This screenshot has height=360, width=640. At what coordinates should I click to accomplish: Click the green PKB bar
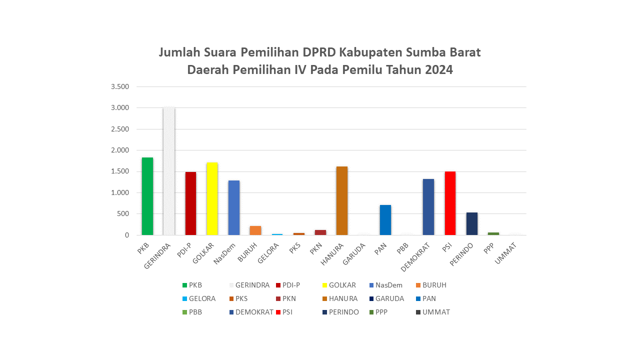tap(147, 196)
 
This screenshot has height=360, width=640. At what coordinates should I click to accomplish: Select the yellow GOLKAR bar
tap(212, 198)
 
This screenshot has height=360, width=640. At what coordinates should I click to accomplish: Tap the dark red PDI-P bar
tap(190, 203)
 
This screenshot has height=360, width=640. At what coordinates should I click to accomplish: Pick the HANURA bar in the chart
tap(342, 200)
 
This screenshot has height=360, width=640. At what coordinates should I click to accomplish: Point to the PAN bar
tap(385, 220)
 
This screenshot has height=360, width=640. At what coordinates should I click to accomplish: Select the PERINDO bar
tap(472, 223)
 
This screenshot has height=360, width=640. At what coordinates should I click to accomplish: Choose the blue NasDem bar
tap(234, 207)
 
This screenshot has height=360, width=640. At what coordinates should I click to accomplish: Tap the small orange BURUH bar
tap(255, 230)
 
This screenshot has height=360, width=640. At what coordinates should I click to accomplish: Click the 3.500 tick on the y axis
tap(120, 86)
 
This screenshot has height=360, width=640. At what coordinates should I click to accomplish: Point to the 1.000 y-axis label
tap(120, 192)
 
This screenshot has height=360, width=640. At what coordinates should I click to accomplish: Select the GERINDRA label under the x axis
tap(158, 255)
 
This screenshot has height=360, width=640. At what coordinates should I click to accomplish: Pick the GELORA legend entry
tap(202, 298)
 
